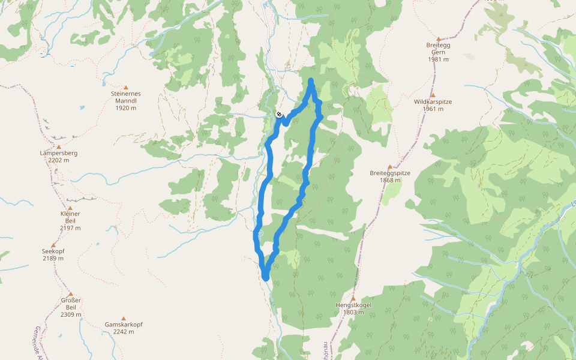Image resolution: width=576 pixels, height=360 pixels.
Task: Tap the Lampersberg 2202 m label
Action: (59, 157)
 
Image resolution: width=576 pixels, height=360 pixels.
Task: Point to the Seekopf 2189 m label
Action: (53, 254)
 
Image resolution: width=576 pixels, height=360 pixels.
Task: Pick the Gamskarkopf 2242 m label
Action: (124, 328)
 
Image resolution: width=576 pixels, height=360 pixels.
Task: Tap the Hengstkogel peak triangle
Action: (353, 298)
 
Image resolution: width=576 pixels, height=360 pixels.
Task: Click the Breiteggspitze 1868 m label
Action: (390, 176)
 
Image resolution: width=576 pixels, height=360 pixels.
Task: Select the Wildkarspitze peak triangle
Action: (433, 95)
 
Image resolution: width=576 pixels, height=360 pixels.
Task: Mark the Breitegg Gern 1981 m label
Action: (439, 52)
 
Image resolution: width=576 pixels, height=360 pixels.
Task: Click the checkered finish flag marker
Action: (280, 114)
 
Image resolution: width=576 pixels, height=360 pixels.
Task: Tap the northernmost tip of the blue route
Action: (311, 80)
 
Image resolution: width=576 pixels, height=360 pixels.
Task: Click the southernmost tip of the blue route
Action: (265, 278)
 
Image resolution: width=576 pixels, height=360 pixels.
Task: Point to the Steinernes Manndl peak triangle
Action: (125, 88)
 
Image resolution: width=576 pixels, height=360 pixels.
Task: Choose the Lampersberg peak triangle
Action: (59, 146)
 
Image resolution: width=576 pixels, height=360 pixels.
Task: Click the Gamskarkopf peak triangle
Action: (124, 318)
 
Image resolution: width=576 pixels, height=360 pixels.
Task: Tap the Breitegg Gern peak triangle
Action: (439, 38)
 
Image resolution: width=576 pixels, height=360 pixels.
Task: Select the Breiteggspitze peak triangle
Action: (390, 166)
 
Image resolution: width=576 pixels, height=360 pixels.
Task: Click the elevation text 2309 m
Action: (70, 314)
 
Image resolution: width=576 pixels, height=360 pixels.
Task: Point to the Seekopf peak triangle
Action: (53, 245)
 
